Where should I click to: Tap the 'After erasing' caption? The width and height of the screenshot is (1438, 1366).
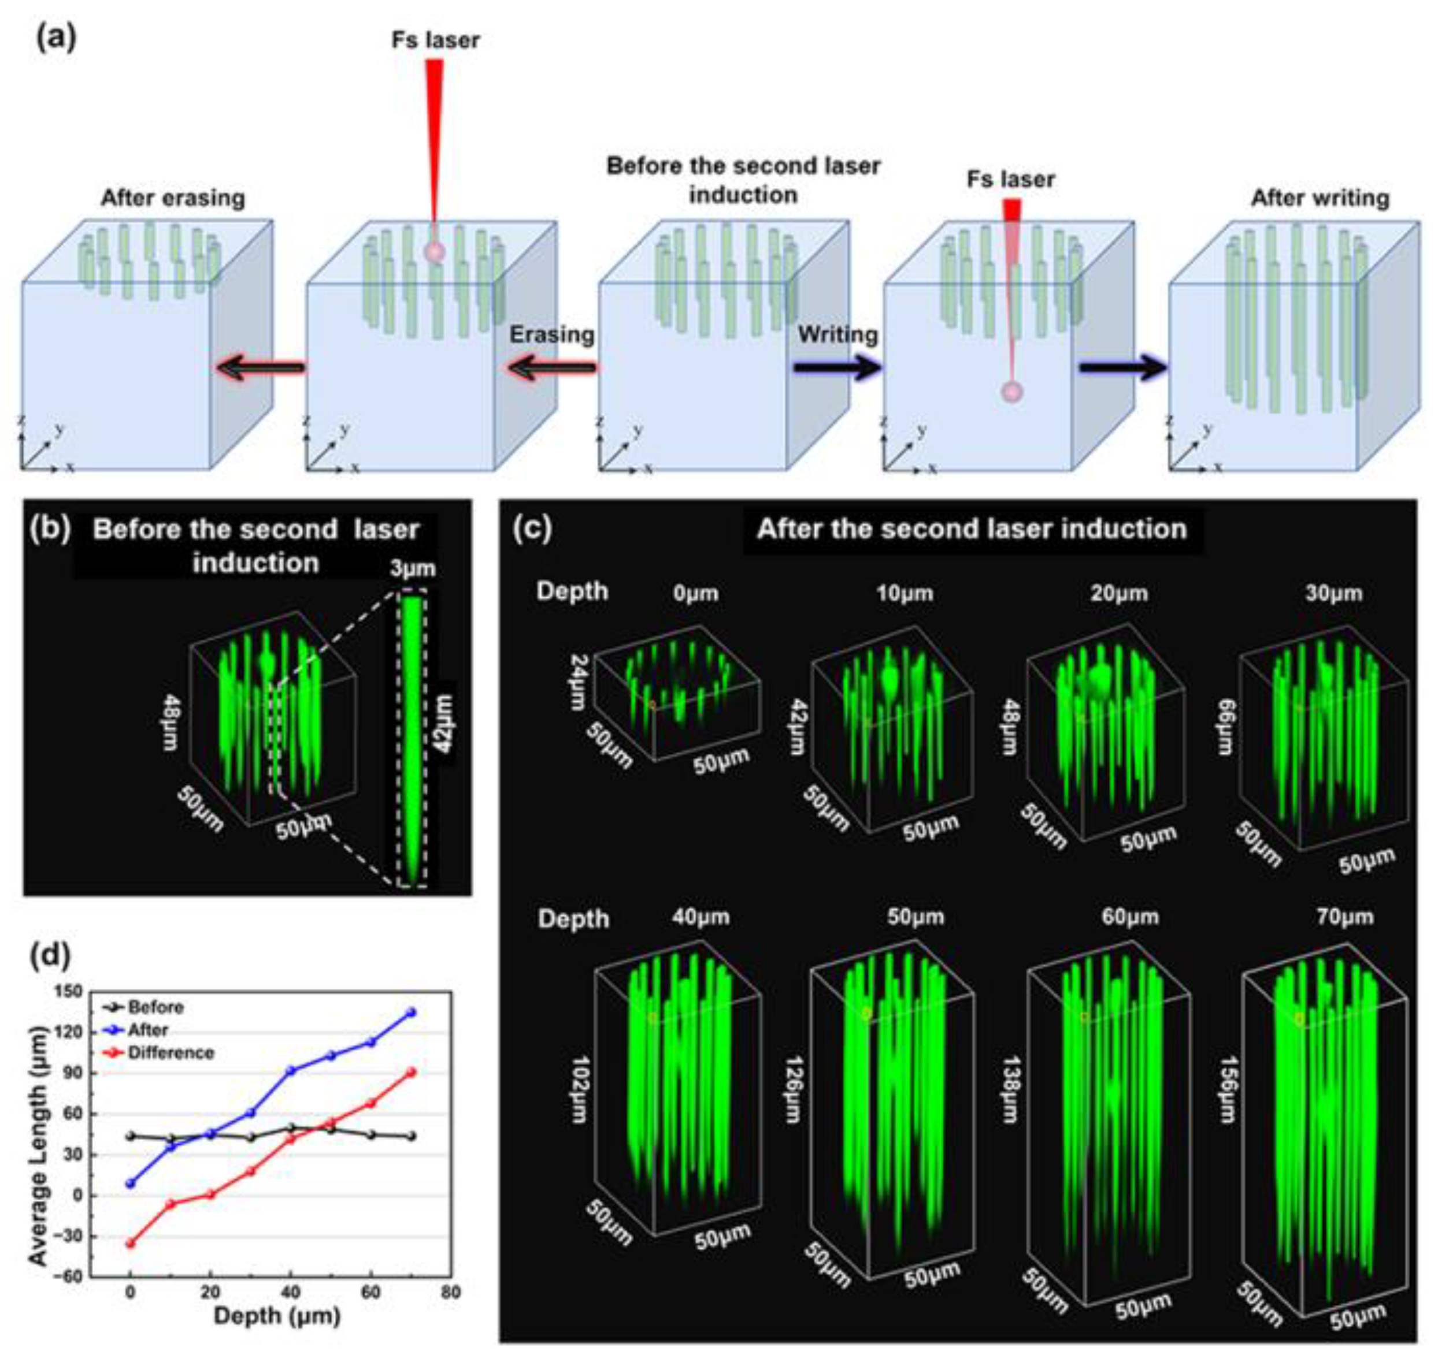pos(173,198)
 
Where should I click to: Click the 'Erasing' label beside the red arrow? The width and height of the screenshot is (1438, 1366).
pos(551,334)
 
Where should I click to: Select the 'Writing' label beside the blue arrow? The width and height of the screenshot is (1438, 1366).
pos(837,334)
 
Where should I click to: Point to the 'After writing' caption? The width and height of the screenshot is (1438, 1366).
pos(1320,198)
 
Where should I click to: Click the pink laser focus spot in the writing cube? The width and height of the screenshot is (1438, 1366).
pos(1012,392)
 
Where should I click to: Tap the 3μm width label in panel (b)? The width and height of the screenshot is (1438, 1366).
pos(412,568)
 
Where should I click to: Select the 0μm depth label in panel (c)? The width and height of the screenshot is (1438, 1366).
pos(696,593)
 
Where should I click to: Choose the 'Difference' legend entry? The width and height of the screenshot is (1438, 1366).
pos(171,1053)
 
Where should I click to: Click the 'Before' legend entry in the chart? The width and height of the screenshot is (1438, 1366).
pos(155,1007)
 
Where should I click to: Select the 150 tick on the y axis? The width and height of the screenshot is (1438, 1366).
pos(73,992)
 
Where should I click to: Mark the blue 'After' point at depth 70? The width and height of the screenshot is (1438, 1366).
pos(412,1012)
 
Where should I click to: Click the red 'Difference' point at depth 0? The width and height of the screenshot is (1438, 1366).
pos(131,1244)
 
